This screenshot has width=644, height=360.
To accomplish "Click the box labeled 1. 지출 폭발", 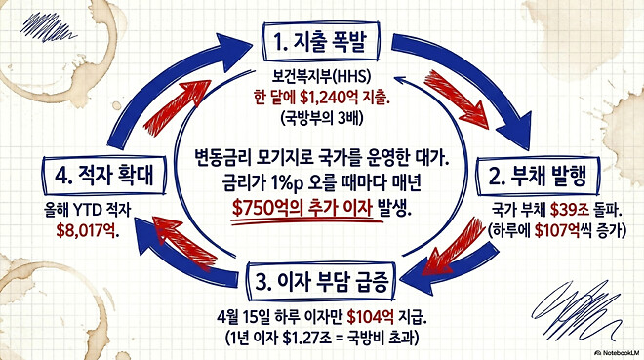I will pos(321,45).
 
